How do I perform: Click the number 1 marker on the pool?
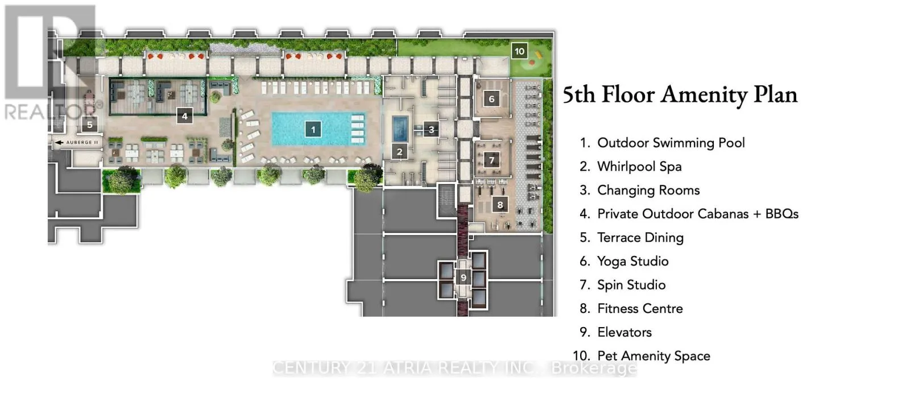[x=313, y=130]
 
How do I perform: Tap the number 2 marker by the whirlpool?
[x=399, y=152]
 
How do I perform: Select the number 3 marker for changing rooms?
[x=431, y=130]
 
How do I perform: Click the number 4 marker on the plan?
[x=184, y=116]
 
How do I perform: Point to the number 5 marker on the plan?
[x=89, y=125]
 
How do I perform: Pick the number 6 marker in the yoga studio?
[x=491, y=99]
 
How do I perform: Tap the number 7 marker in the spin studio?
[x=492, y=160]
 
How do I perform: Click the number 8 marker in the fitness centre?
[x=500, y=205]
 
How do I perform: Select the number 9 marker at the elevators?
[x=463, y=278]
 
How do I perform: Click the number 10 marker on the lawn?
[x=519, y=51]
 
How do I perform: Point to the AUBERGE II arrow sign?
[x=77, y=142]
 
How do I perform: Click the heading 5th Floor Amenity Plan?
[x=680, y=95]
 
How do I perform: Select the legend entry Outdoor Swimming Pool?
[x=671, y=143]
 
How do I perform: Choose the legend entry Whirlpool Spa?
[x=639, y=167]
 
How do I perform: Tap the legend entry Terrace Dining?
[x=640, y=238]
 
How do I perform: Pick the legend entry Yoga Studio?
[x=632, y=261]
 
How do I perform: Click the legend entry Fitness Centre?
[x=639, y=309]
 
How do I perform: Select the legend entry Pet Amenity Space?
[x=653, y=356]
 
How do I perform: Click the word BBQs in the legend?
[x=781, y=214]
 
